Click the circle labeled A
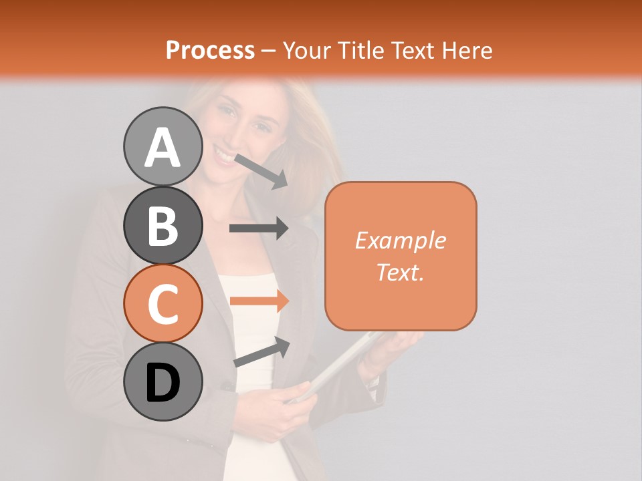[x=163, y=146]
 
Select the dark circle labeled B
[x=163, y=225]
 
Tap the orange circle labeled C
[x=163, y=303]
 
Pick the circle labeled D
[x=163, y=381]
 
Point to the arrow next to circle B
[x=259, y=228]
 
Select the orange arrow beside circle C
[x=259, y=301]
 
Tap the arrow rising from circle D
[x=262, y=351]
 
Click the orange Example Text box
[x=401, y=256]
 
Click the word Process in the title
[x=210, y=50]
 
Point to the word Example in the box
[x=401, y=240]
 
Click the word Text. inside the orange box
[x=401, y=272]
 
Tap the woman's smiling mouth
[x=224, y=157]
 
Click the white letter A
[x=163, y=147]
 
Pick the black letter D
[x=163, y=383]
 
